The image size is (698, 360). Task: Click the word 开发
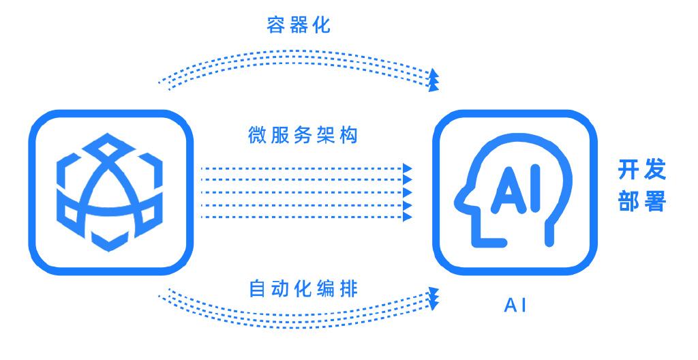pos(641,170)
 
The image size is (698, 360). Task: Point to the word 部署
pos(641,202)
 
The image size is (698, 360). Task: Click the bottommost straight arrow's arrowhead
pos(408,217)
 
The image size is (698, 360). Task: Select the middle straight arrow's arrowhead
pos(408,193)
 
